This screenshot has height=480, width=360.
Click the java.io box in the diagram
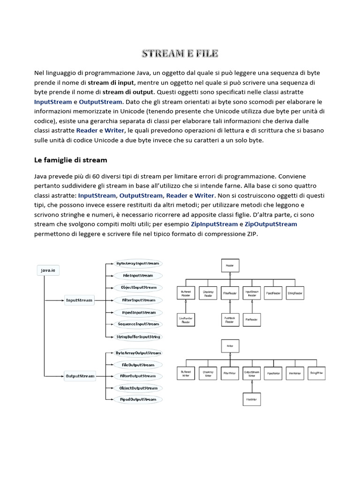49,270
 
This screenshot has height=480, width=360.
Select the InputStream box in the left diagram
79,300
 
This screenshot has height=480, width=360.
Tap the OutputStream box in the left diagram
80,375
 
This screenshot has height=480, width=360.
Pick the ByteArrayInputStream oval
138,263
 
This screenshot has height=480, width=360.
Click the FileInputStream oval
138,276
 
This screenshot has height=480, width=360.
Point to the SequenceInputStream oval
138,324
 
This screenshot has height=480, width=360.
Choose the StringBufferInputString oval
138,337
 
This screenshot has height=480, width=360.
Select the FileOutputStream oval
138,365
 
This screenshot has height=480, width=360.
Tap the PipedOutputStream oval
138,399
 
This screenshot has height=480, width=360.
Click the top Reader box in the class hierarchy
230,265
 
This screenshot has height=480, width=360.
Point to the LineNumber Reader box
186,320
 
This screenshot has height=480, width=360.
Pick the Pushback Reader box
230,320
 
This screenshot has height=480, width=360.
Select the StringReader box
295,293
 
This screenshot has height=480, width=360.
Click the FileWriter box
251,399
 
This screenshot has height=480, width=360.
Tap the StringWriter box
317,373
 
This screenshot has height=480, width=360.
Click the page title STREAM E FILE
180,53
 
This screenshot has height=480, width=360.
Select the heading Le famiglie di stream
70,160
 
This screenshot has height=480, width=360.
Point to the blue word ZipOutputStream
271,224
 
